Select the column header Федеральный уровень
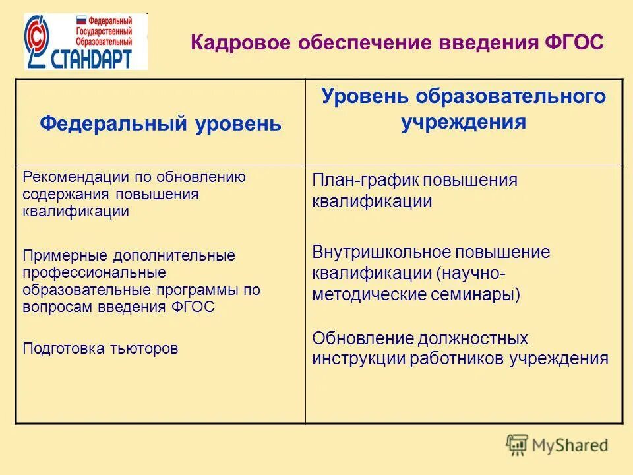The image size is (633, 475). (160, 123)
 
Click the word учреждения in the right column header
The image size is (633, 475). (463, 123)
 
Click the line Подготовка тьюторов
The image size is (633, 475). (100, 348)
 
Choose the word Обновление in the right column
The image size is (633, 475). (362, 338)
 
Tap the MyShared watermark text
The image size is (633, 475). (571, 445)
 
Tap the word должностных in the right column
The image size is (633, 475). (473, 338)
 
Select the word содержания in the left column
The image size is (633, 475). (67, 194)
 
